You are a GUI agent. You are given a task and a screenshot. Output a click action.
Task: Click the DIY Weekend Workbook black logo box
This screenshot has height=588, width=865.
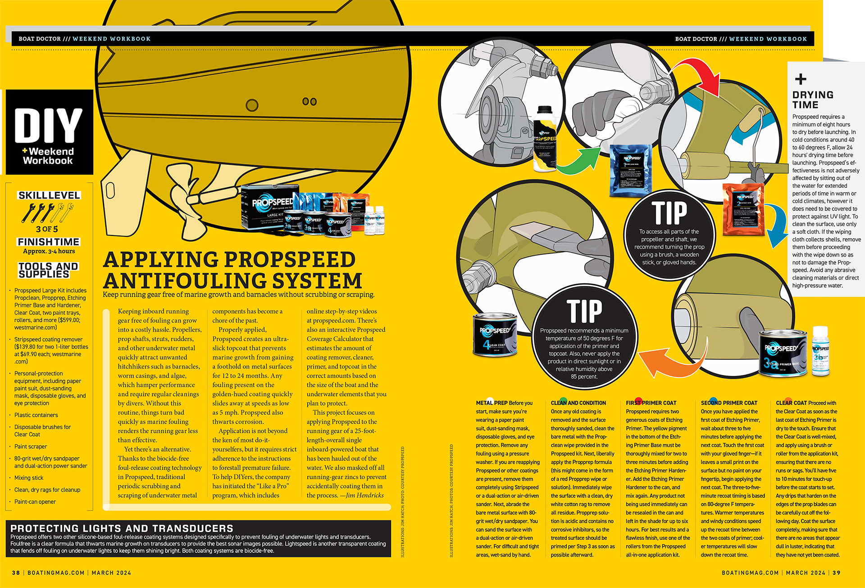(49, 132)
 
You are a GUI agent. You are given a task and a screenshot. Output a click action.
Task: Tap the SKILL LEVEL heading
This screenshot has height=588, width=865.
(49, 195)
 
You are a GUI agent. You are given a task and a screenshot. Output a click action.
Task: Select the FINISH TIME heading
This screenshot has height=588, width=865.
(49, 242)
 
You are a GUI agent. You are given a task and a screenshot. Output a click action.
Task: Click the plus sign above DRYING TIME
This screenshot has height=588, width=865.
(801, 79)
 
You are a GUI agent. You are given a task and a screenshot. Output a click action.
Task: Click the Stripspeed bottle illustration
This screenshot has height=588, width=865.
(545, 139)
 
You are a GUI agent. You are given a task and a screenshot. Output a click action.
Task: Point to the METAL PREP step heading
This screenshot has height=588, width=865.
(492, 403)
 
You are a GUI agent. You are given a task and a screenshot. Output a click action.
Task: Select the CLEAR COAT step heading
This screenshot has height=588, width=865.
(791, 403)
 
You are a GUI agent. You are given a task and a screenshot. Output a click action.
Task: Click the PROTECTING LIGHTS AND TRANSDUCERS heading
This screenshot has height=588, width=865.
(122, 528)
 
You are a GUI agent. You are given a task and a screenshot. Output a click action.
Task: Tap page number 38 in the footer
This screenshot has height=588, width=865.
(16, 573)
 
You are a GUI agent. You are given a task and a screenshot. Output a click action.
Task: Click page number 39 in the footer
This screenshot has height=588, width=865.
(836, 573)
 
